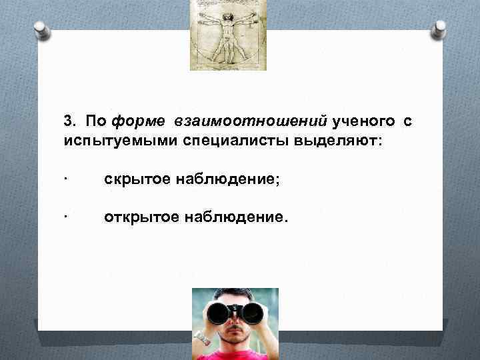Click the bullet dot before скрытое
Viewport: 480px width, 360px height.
[67, 179]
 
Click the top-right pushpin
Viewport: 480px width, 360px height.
[440, 29]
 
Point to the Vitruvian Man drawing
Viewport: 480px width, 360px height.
[228, 35]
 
